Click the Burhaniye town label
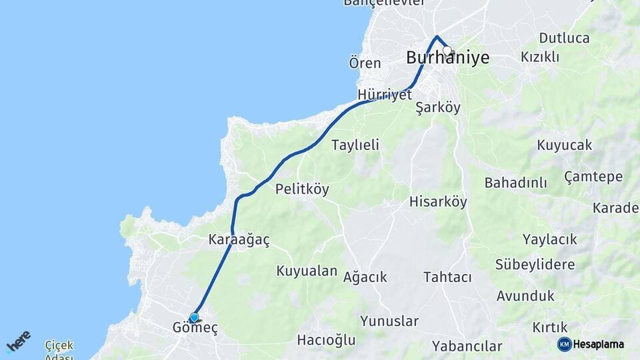[447, 59]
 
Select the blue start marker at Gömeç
[194, 317]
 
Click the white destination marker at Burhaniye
[447, 50]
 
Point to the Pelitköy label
[302, 189]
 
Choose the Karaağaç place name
[239, 240]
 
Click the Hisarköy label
[438, 201]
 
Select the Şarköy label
[438, 107]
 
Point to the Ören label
[365, 63]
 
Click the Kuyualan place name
[307, 271]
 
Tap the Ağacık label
[365, 277]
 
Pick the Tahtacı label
[447, 277]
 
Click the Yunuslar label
[389, 321]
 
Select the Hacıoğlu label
[326, 341]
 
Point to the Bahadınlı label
[515, 183]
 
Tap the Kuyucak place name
[564, 145]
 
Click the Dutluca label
[564, 38]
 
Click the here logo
[19, 341]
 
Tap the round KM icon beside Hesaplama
[564, 344]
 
